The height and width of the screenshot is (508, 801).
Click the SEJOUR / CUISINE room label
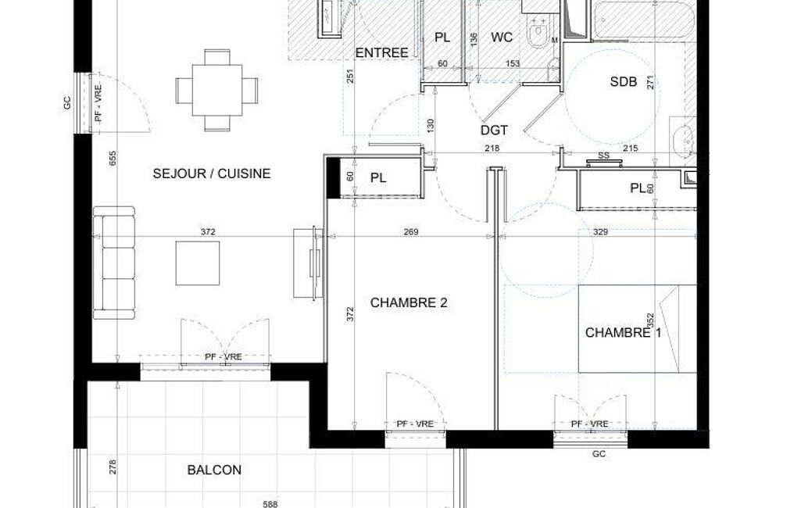pos(212,174)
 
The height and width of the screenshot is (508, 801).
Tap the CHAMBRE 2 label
pos(409,302)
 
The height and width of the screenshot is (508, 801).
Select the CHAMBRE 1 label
pos(624,333)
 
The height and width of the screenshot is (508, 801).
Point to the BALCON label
pos(214,470)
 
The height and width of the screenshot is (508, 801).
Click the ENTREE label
pos(381,52)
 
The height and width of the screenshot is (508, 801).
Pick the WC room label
pos(502,38)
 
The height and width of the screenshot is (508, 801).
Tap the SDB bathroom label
pos(624,81)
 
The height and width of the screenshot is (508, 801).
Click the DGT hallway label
pos(494,131)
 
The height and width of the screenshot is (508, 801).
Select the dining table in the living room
pos(217,90)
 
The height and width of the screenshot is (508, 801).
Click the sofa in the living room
pos(114,263)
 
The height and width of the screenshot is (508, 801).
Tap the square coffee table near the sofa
pos(198,263)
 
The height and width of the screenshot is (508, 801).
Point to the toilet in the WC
pos(538,32)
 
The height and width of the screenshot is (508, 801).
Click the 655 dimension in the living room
pos(113,158)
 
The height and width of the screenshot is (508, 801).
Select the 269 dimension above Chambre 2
pos(411,232)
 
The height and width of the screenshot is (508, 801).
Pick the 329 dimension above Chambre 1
pos(600,232)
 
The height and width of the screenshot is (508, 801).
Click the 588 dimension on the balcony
pos(270,504)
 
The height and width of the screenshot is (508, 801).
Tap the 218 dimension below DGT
pos(492,148)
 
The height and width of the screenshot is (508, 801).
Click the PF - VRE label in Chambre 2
pos(415,424)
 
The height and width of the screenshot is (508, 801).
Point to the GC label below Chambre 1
pos(599,454)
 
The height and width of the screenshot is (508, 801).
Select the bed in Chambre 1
pos(638,328)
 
